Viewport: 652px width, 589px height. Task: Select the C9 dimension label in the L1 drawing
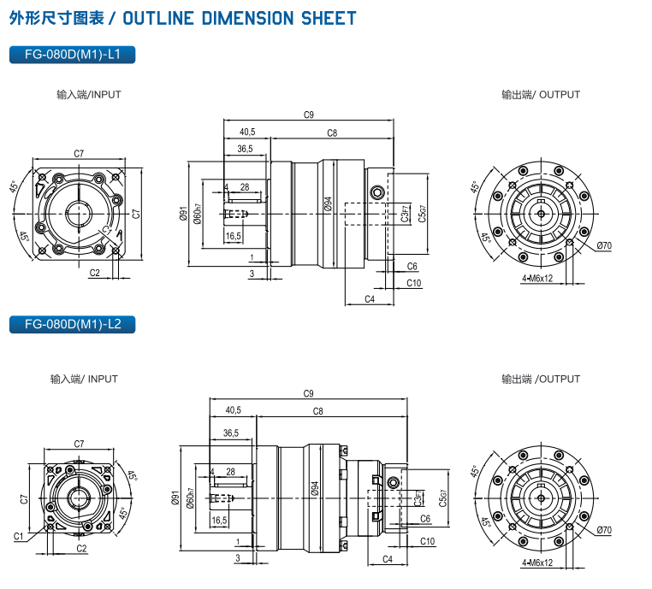pos(309,115)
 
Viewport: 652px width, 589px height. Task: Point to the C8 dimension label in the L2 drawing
pos(317,411)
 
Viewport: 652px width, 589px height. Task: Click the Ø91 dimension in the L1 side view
pos(183,215)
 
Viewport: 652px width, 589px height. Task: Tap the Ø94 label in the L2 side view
pos(314,489)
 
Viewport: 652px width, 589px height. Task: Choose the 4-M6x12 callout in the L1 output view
pos(537,279)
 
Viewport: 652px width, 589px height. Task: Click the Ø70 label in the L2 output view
pos(605,530)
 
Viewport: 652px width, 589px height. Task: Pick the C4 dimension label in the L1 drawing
pos(370,298)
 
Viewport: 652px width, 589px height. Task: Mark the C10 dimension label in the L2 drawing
pos(428,541)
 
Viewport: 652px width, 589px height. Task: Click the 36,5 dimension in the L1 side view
pos(245,149)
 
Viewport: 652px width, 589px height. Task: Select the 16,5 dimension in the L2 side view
pos(219,520)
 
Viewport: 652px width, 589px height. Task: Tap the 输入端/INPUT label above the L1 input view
pos(89,95)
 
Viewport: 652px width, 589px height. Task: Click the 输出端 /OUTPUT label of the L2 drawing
pos(541,379)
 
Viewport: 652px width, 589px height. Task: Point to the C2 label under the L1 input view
pos(94,273)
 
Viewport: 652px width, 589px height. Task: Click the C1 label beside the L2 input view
pos(18,536)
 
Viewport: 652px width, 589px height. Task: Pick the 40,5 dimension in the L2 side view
pos(233,410)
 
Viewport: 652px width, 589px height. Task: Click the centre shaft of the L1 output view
pos(542,213)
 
